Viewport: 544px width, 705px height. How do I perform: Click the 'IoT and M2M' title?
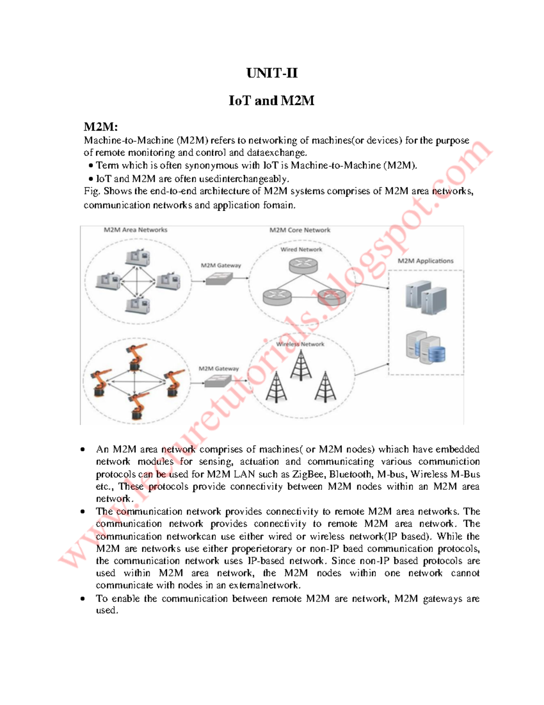pos(272,100)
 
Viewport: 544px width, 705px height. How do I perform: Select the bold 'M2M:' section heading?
pos(101,127)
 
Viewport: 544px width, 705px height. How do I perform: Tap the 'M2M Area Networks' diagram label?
pos(136,230)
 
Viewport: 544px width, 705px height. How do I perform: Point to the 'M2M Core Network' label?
pos(300,230)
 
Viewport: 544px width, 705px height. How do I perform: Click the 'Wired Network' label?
pos(301,249)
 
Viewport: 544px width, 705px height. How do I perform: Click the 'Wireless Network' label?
pos(300,344)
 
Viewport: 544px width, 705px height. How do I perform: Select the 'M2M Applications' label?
pos(425,261)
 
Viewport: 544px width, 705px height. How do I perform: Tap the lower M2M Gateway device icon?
pos(218,382)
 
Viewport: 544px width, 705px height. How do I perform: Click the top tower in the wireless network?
pos(301,366)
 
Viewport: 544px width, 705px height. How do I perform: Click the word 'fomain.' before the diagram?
pos(279,205)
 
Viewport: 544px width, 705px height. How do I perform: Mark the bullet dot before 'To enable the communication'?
pos(83,599)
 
